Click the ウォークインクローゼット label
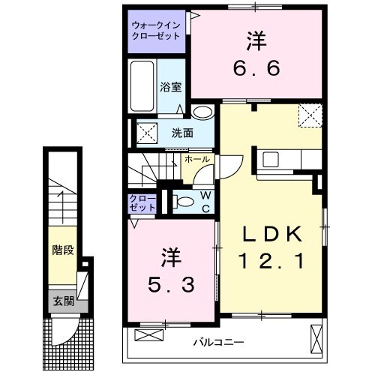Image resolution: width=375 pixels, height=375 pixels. point(156,29)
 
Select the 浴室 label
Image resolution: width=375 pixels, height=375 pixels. point(170,86)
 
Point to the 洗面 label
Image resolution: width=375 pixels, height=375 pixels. point(181,133)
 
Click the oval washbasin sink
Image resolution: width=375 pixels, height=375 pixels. point(201,112)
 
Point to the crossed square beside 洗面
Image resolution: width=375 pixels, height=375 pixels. point(145,133)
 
